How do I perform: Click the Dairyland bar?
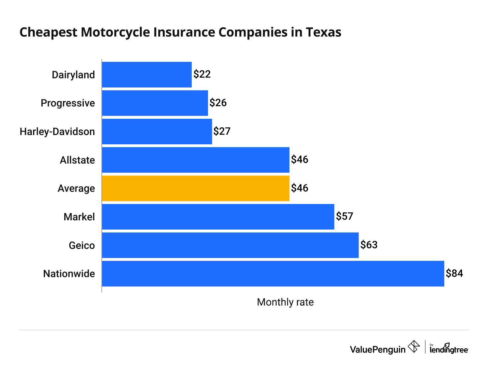click(147, 75)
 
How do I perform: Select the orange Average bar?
click(196, 188)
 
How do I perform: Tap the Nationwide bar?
click(273, 274)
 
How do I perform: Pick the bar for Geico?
click(230, 245)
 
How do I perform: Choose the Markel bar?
click(218, 217)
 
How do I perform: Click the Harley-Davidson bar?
click(157, 132)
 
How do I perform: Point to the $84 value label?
click(454, 273)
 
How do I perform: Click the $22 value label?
click(202, 74)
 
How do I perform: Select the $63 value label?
click(369, 245)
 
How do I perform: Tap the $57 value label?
click(344, 216)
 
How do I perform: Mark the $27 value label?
click(222, 131)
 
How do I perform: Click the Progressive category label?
click(68, 103)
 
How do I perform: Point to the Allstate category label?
click(77, 160)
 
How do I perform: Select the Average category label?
click(76, 189)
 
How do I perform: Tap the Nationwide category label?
click(69, 274)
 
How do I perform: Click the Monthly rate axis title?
click(285, 302)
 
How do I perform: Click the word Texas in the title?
click(323, 32)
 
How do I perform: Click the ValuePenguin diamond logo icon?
click(414, 347)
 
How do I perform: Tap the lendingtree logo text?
click(449, 349)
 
